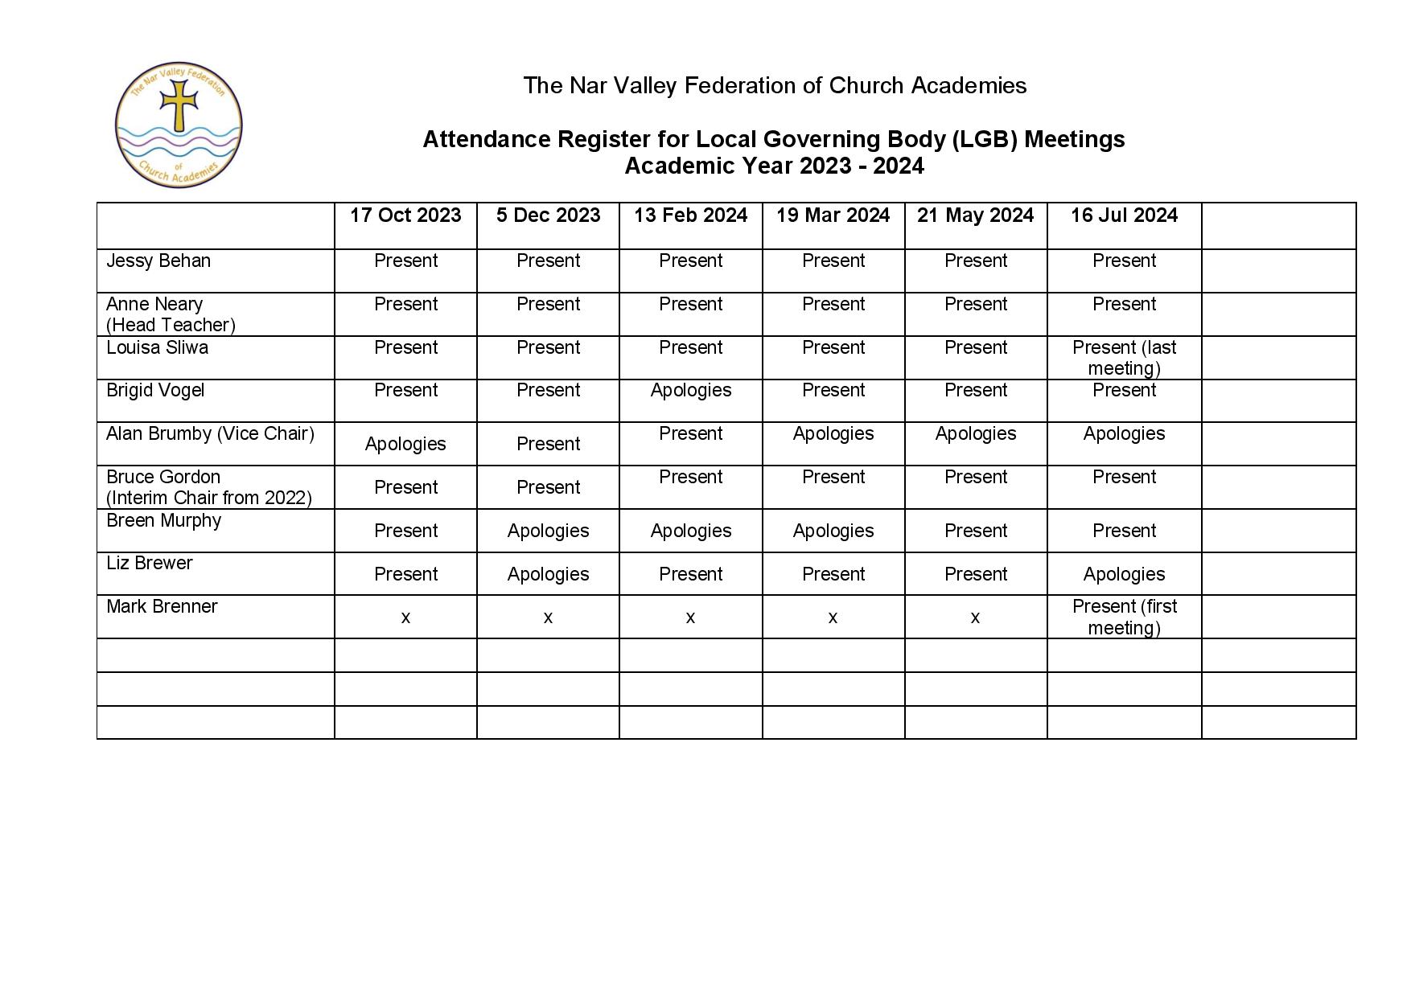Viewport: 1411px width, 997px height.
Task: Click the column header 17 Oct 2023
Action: point(405,215)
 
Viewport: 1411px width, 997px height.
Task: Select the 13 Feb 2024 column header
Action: point(690,215)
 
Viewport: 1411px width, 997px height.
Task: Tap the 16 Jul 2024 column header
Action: point(1124,215)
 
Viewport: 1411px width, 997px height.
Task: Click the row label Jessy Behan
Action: point(158,261)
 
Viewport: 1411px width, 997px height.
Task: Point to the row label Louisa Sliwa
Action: point(157,348)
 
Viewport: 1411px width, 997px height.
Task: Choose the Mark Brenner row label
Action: point(162,607)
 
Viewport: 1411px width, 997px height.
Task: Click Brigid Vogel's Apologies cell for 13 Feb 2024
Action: point(690,391)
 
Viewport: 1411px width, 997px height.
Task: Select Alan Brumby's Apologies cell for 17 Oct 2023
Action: point(405,445)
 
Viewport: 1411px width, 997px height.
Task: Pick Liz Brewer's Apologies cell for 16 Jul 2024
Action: point(1124,575)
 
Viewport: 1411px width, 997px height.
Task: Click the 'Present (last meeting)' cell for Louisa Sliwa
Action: point(1124,358)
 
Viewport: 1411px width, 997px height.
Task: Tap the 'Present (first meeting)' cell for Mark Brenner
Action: point(1124,617)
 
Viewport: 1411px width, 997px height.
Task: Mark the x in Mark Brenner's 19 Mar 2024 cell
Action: point(833,617)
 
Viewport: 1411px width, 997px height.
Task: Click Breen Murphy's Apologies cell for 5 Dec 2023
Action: point(548,531)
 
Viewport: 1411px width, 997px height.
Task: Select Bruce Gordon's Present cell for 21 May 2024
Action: point(975,478)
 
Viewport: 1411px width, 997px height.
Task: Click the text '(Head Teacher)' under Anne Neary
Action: point(171,326)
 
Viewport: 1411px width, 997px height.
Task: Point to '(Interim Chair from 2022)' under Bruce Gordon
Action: point(209,498)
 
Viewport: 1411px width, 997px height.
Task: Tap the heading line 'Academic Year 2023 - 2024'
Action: point(774,166)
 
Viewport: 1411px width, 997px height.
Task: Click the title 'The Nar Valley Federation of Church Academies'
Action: point(775,86)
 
